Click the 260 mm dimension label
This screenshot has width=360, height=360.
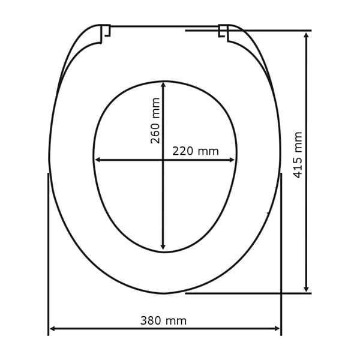pos(155,121)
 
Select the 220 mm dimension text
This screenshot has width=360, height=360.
pos(196,151)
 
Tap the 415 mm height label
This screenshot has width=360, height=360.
pos(298,155)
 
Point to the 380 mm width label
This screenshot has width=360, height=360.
pos(163,321)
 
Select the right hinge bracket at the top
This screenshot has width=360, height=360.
pos(224,32)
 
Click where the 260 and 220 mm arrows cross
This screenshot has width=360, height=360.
pos(163,160)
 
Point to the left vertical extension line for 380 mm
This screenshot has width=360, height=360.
pos(48,252)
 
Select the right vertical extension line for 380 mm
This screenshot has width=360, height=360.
pos(281,252)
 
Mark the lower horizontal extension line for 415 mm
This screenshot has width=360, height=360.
pos(249,293)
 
